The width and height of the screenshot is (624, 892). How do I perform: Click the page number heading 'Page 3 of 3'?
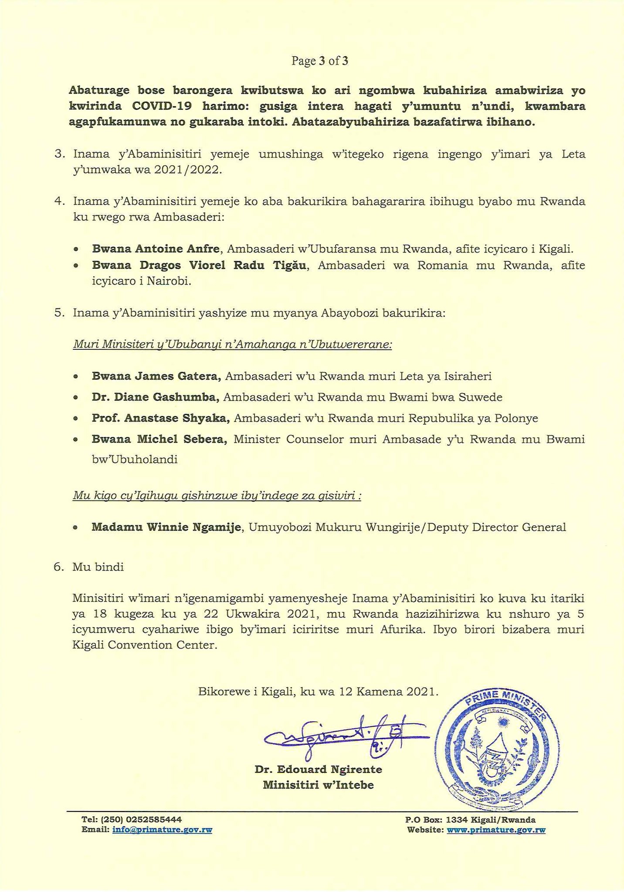tap(320, 61)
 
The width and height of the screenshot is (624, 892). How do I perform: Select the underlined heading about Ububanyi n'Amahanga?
tap(233, 345)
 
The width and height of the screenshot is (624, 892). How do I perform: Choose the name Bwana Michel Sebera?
tap(159, 439)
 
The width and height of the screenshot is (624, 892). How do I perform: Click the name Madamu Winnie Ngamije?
tap(166, 527)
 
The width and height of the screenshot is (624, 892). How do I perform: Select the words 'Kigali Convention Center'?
tap(145, 645)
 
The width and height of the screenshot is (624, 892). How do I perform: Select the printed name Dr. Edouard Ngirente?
tap(318, 770)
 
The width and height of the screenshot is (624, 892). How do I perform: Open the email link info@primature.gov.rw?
tap(162, 830)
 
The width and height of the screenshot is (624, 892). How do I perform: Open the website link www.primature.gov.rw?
tap(496, 830)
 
